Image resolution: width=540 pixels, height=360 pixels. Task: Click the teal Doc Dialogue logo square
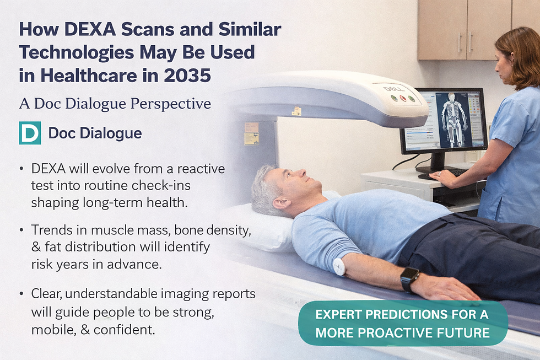[30, 133]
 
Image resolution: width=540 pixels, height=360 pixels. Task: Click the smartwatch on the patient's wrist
[409, 279]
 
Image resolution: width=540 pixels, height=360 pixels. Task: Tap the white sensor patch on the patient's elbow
[339, 266]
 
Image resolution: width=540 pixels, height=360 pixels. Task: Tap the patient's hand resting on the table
[452, 289]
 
